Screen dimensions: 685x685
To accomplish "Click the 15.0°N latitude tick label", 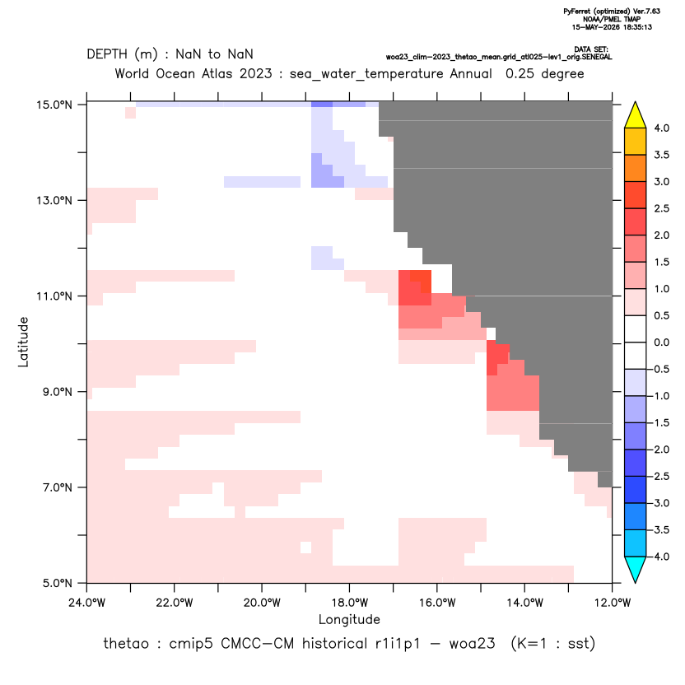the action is [x=54, y=105].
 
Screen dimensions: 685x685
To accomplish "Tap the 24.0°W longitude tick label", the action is [x=87, y=603].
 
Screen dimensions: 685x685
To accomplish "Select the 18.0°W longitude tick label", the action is [x=349, y=603].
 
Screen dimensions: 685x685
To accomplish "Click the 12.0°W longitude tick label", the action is [x=613, y=603].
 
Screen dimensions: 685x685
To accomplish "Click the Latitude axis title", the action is [x=23, y=342].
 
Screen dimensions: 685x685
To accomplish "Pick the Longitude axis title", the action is [x=349, y=619].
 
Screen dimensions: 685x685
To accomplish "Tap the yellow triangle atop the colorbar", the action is [x=636, y=115].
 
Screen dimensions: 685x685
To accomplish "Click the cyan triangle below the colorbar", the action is [x=636, y=570].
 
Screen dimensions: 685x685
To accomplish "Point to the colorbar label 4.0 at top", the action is [x=661, y=128].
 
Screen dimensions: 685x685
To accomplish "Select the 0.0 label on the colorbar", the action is [x=661, y=342].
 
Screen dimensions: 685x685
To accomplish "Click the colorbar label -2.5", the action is [x=659, y=476].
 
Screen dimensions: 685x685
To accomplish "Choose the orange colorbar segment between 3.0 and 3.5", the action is [x=636, y=168].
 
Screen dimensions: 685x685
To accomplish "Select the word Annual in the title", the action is [x=471, y=73].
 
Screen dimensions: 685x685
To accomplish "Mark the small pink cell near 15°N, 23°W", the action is [x=131, y=113].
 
